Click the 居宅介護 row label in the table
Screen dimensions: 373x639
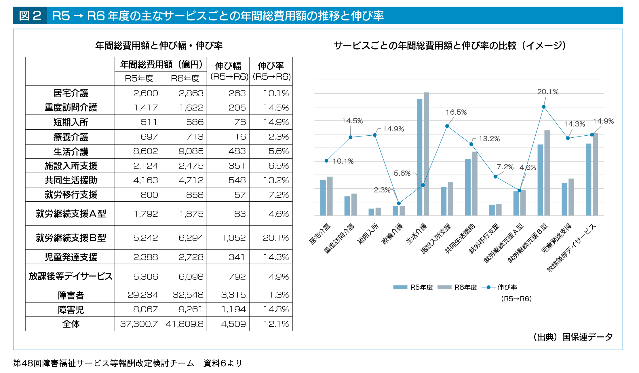pos(71,93)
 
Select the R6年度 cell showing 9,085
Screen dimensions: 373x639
pos(191,151)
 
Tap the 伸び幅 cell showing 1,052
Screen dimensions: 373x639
pos(233,238)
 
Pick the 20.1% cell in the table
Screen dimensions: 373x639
pos(275,238)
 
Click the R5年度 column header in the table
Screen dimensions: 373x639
pos(139,78)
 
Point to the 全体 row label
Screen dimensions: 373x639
pos(71,324)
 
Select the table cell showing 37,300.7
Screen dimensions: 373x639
pos(139,324)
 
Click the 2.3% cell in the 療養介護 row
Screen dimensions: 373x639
pos(278,137)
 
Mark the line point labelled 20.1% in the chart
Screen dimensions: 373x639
pos(544,107)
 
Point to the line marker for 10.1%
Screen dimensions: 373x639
pos(326,161)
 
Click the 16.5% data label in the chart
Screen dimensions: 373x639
pos(456,112)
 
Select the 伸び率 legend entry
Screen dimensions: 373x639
pos(507,287)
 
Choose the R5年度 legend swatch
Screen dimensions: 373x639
pos(400,287)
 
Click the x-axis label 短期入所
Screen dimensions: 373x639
pos(368,234)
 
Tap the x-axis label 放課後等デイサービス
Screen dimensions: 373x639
pos(572,248)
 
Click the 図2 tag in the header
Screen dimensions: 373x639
pos(30,16)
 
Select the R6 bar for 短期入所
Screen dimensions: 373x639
pos(378,211)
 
